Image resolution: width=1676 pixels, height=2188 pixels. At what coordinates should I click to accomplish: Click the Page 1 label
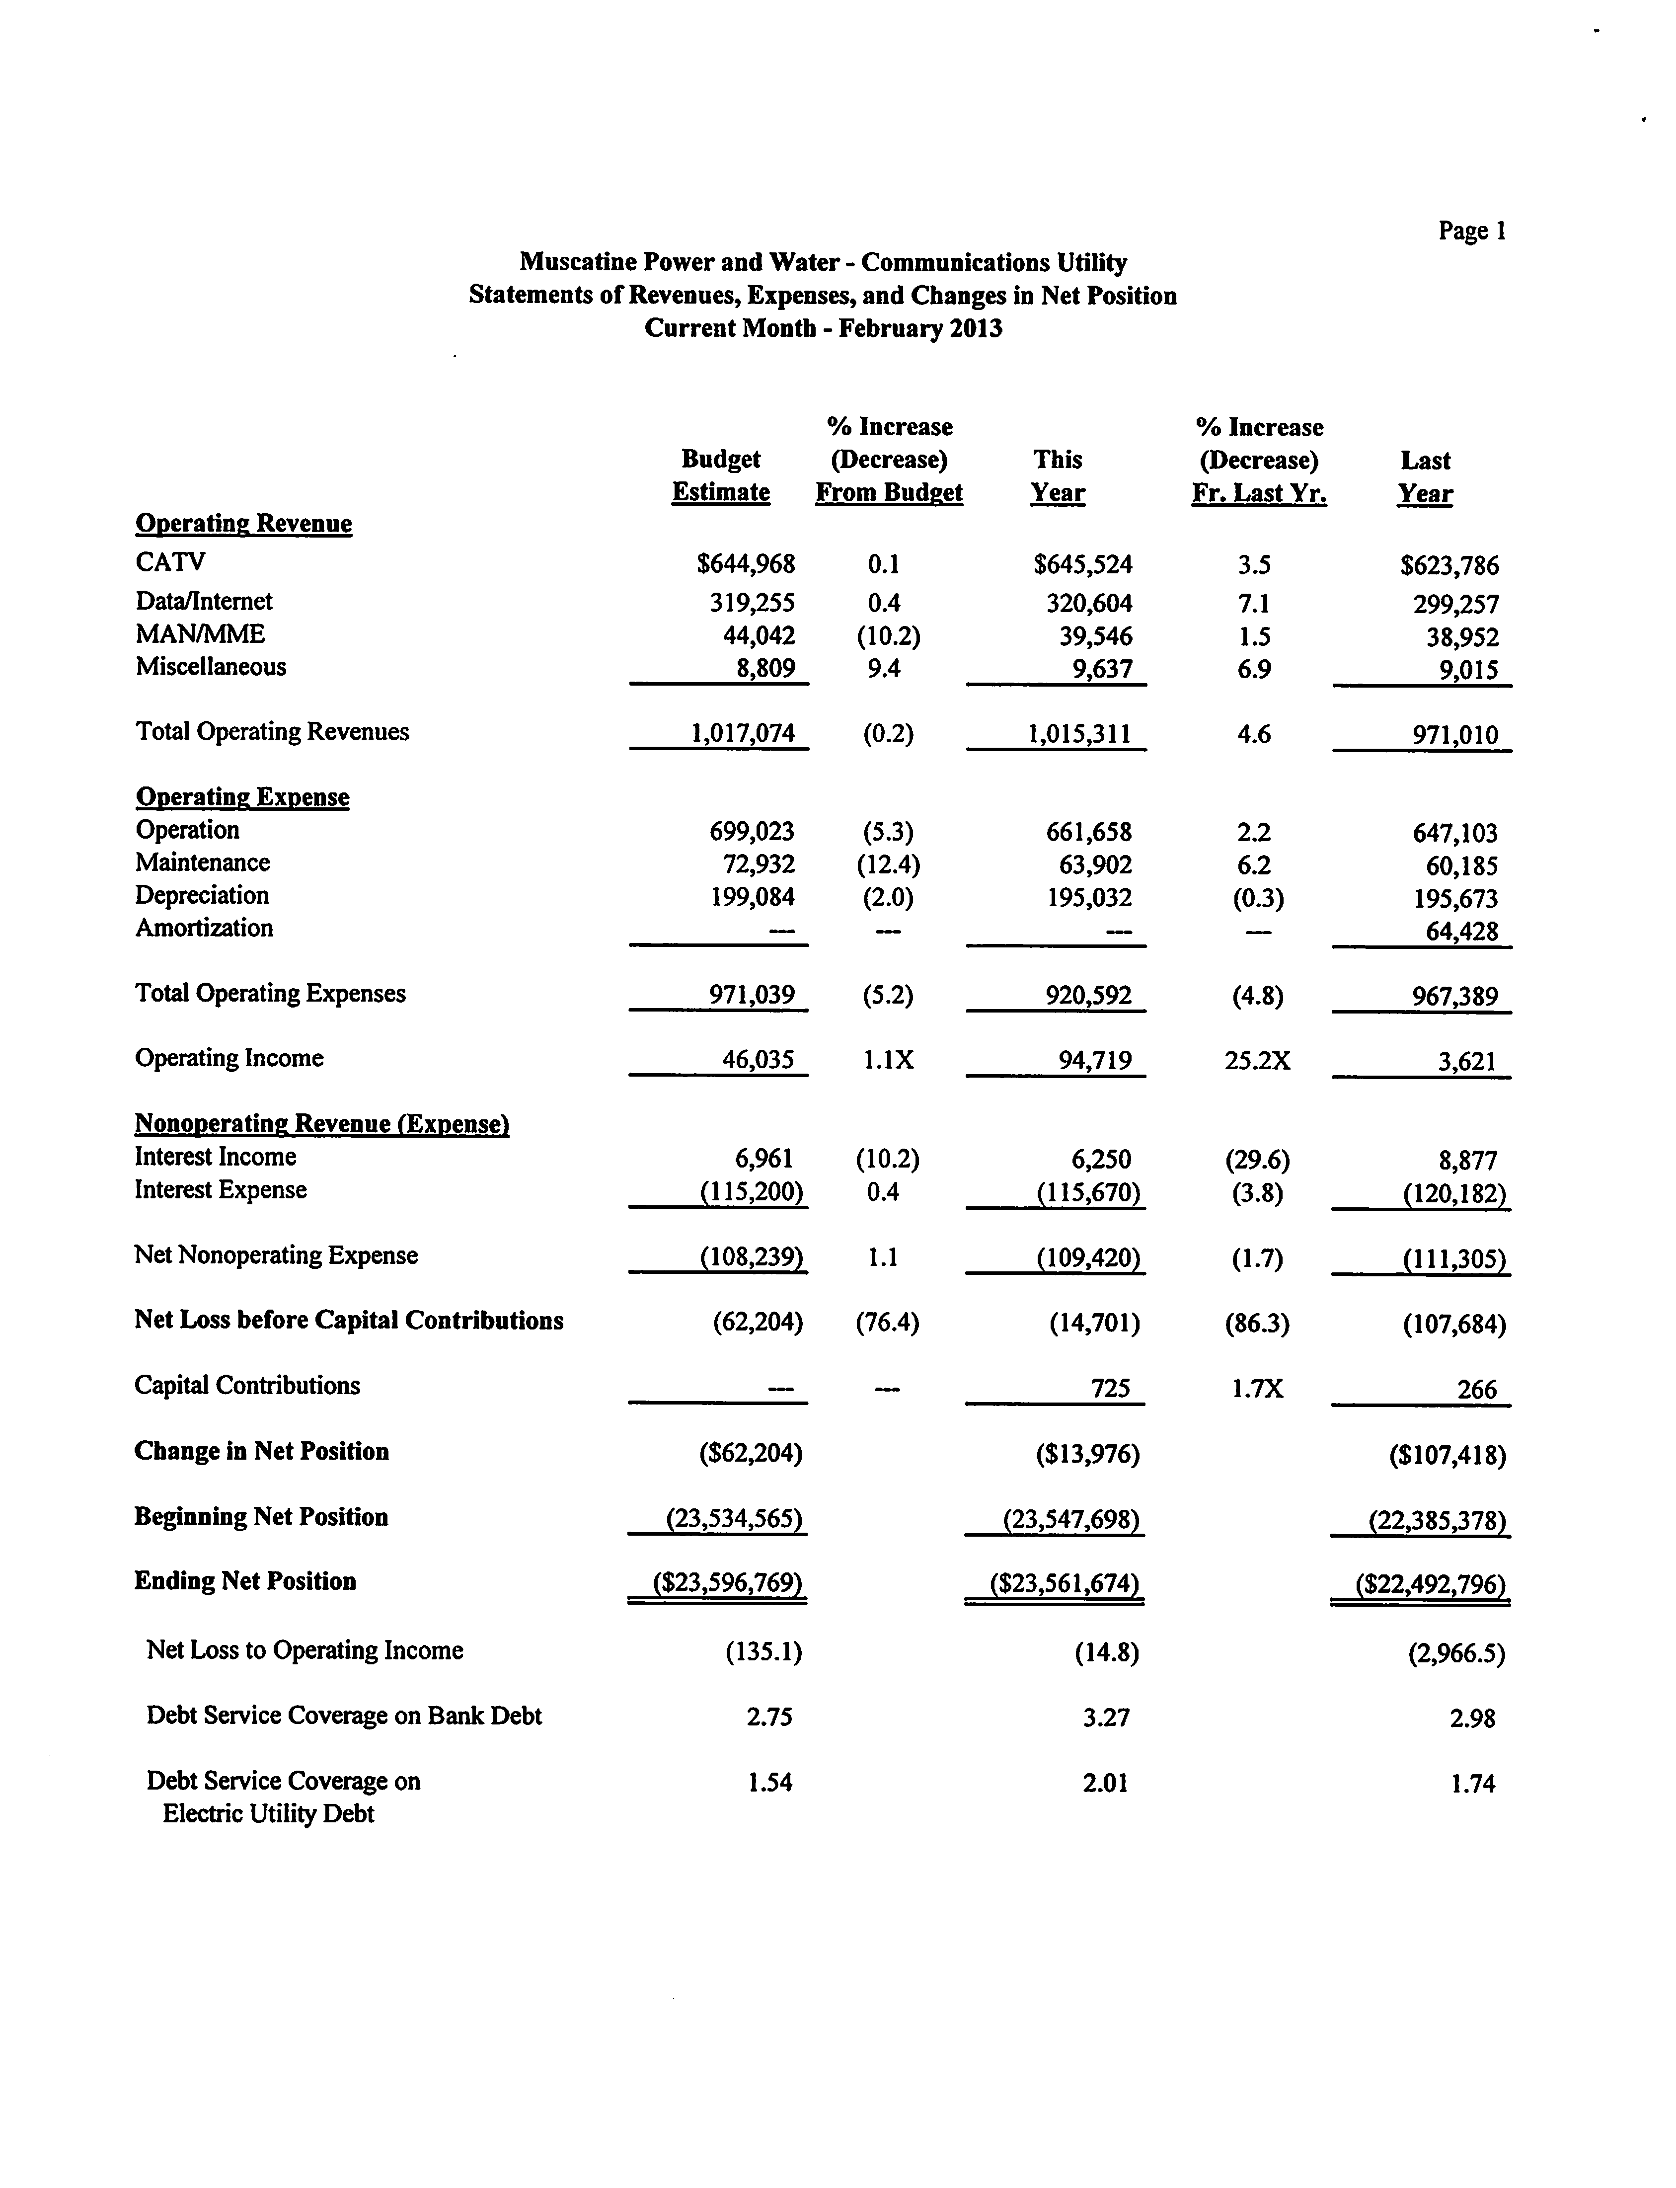1471,232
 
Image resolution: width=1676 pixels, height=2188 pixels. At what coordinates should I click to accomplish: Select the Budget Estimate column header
720,476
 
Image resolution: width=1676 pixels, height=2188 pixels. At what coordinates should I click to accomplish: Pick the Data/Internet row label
204,602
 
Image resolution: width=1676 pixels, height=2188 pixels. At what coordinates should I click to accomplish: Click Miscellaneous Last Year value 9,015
1467,671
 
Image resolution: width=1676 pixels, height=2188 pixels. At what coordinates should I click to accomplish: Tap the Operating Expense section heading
242,797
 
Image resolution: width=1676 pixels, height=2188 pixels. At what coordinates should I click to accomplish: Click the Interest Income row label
216,1158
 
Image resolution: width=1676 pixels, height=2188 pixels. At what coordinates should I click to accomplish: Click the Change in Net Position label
261,1452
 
